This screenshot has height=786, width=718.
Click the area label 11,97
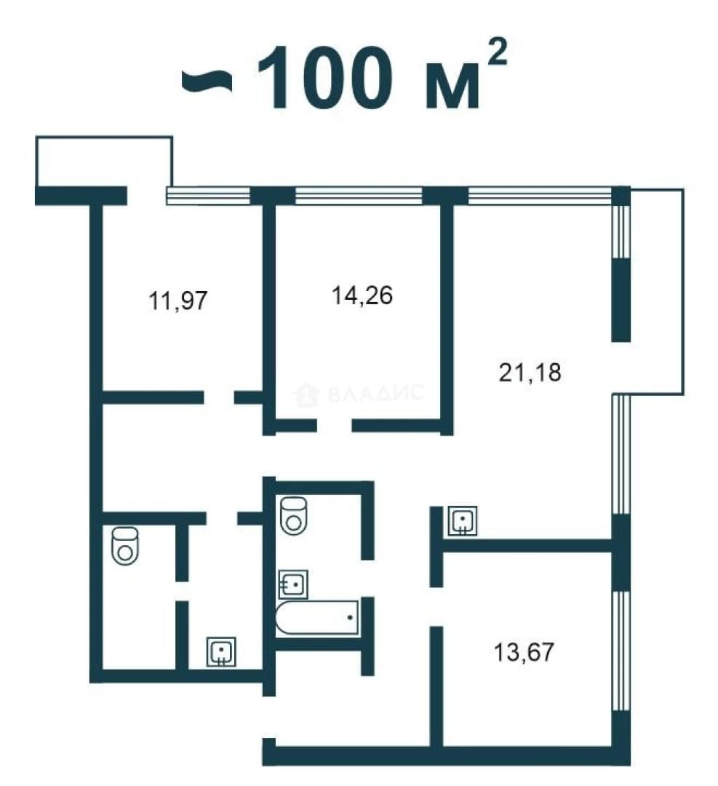178,301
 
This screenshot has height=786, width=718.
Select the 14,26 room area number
362,295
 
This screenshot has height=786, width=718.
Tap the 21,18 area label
530,373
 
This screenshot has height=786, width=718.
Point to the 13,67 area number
524,652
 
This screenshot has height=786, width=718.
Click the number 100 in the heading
324,78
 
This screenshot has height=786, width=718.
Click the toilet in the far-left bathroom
125,545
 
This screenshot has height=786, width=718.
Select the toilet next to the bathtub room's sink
294,515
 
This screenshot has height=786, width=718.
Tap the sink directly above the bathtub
293,584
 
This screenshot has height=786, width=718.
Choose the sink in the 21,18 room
462,521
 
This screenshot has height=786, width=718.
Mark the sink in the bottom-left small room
221,651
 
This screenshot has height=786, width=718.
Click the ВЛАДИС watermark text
376,393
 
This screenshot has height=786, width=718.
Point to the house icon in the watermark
306,395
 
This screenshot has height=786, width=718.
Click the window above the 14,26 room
359,196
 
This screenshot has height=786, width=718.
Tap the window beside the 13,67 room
621,651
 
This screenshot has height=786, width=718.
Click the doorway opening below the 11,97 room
219,397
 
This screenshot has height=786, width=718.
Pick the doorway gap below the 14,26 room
334,426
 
